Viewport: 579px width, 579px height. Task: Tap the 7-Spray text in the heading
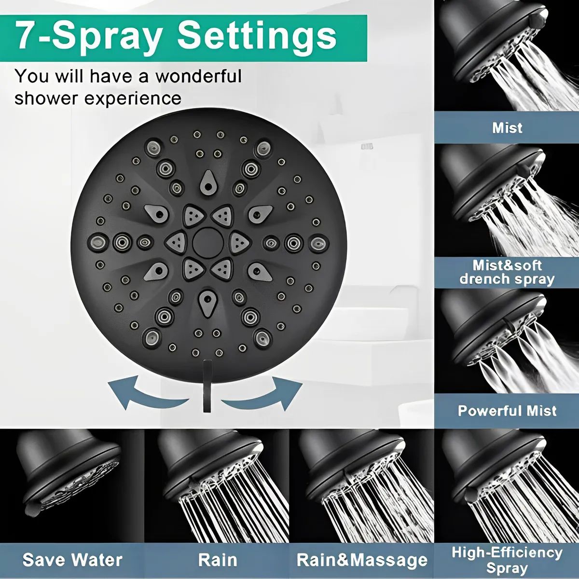pos(88,37)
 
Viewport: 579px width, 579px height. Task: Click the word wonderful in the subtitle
pos(198,76)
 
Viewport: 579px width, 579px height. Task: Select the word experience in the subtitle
pos(133,98)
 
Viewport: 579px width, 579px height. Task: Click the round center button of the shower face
pos(207,242)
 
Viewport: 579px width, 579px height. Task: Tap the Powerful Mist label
pos(507,411)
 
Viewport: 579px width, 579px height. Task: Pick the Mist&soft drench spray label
pos(507,272)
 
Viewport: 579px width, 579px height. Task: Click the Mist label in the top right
pos(507,128)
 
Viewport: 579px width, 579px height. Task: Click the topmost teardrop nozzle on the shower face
pos(207,182)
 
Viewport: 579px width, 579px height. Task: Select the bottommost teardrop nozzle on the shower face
pos(207,302)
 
